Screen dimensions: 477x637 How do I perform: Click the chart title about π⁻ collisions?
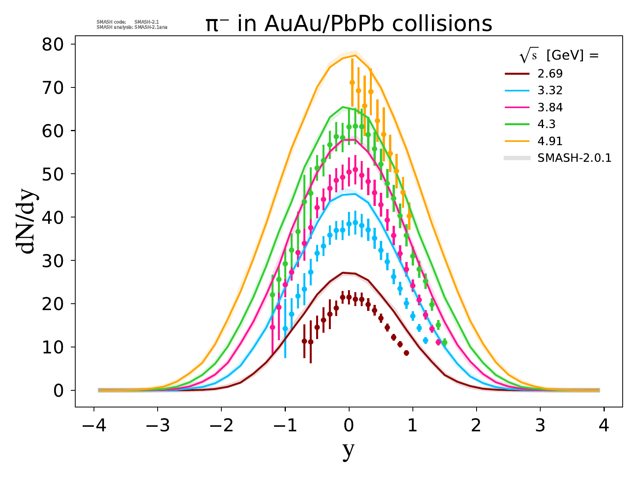coord(349,24)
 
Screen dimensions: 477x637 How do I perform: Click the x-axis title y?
coord(348,450)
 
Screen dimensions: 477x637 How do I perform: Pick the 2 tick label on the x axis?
coord(476,427)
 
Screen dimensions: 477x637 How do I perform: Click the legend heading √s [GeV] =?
coord(559,56)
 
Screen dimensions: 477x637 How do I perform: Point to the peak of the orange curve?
coord(355,55)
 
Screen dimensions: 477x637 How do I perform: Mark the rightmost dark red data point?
coord(406,353)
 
